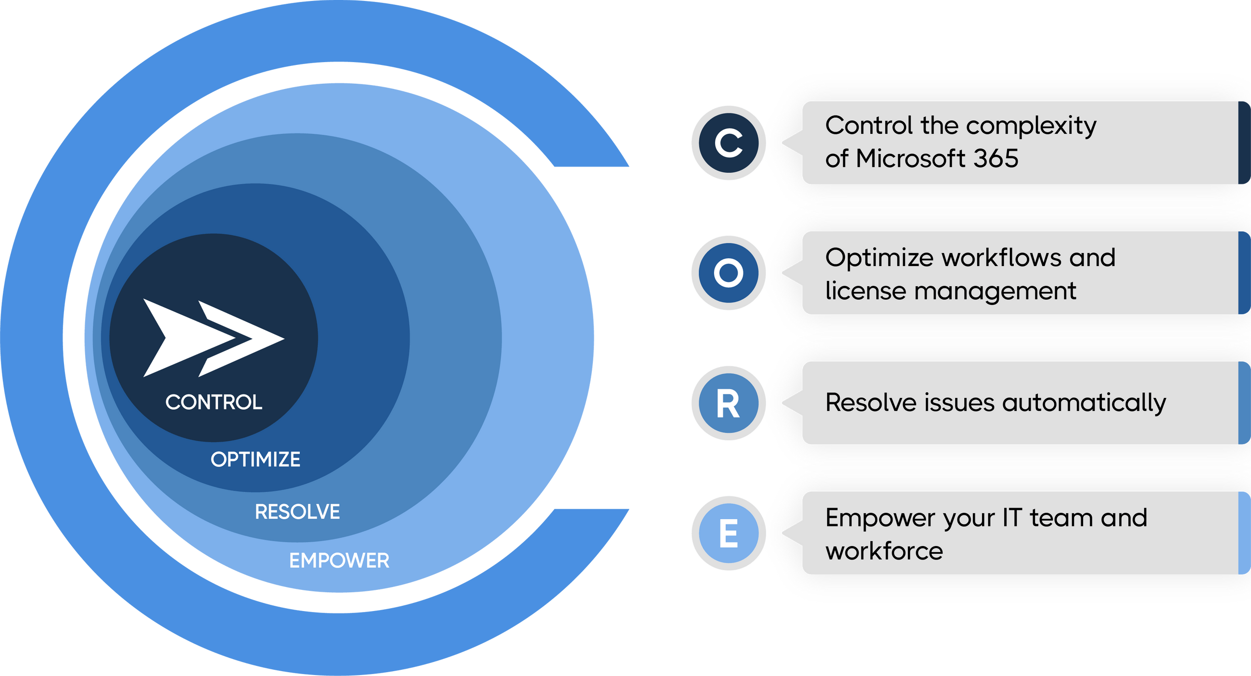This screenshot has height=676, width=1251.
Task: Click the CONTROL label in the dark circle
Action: pyautogui.click(x=214, y=403)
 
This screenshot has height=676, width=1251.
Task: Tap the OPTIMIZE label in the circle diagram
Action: pyautogui.click(x=255, y=459)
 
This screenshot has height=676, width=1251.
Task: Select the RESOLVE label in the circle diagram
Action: pyautogui.click(x=297, y=512)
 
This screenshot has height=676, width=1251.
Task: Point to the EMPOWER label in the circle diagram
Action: pyautogui.click(x=339, y=561)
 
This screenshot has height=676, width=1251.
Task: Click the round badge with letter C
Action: pyautogui.click(x=728, y=143)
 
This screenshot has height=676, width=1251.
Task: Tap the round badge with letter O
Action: pyautogui.click(x=728, y=273)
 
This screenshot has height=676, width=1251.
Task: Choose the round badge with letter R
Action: pyautogui.click(x=728, y=403)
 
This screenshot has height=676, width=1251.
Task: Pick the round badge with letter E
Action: pyautogui.click(x=728, y=533)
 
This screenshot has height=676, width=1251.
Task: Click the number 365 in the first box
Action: pyautogui.click(x=996, y=159)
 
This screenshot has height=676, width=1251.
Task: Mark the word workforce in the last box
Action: pyautogui.click(x=884, y=551)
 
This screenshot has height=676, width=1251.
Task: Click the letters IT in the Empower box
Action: pyautogui.click(x=1012, y=518)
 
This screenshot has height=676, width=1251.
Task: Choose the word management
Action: pyautogui.click(x=995, y=292)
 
